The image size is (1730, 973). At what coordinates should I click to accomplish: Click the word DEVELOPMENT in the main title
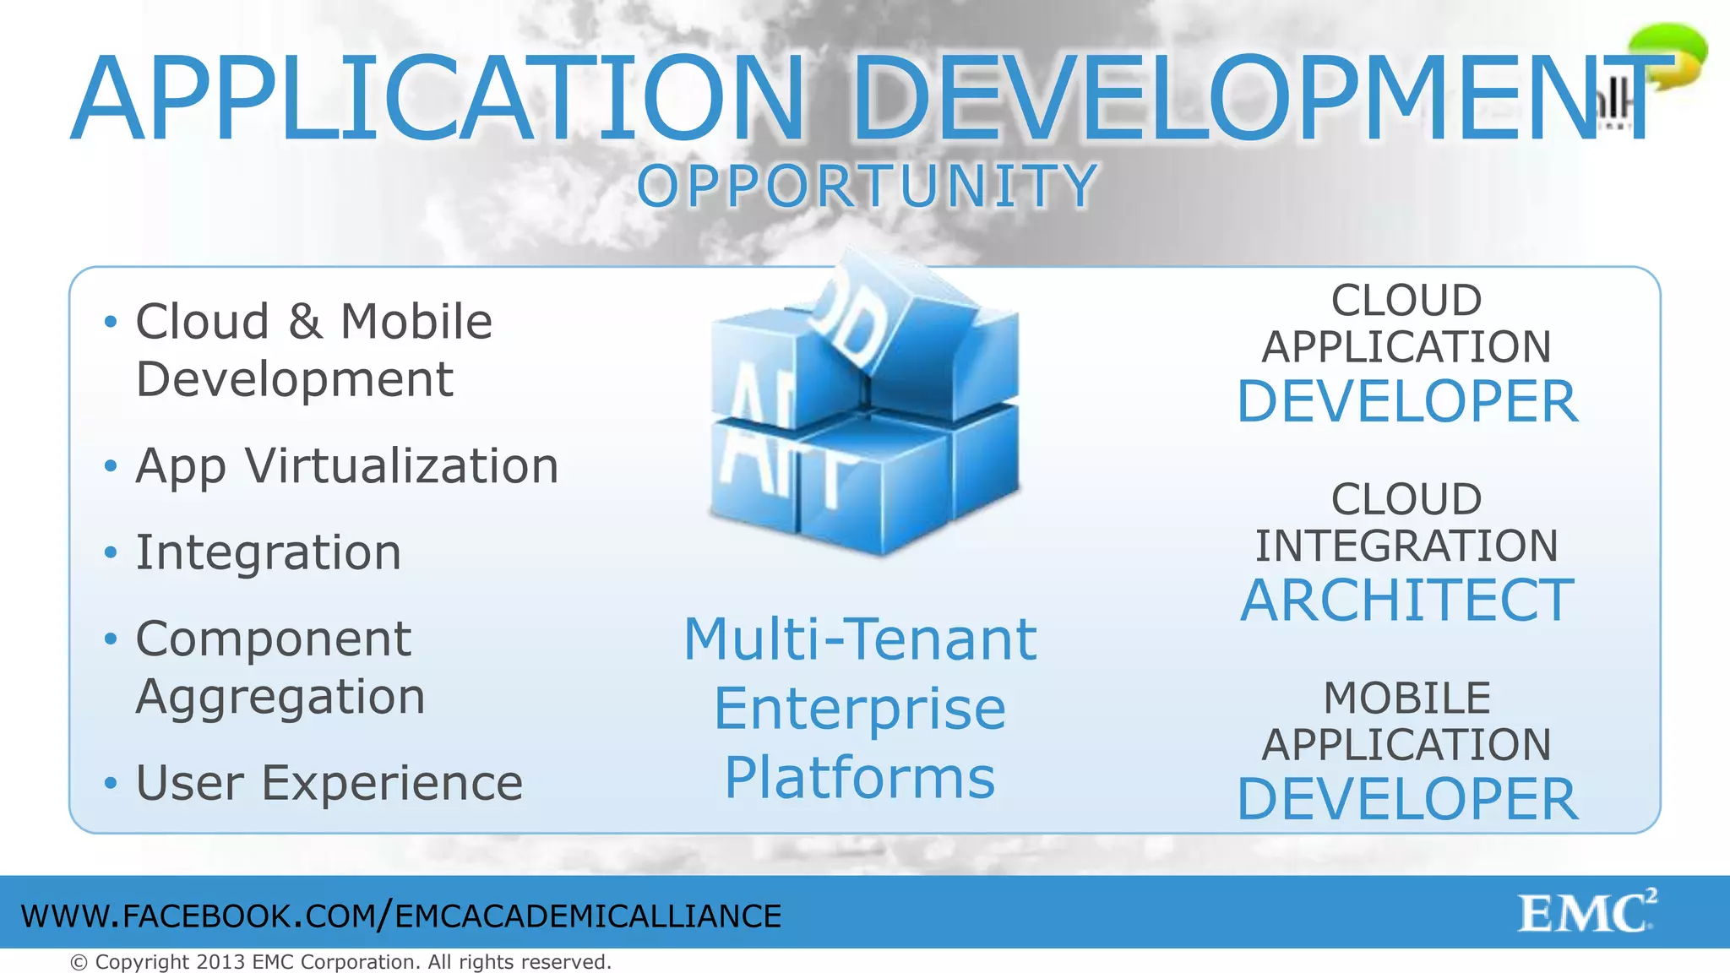click(x=1250, y=99)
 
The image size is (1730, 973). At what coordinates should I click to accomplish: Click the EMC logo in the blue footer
click(x=1586, y=912)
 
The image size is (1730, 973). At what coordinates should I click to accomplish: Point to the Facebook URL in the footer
click(x=401, y=916)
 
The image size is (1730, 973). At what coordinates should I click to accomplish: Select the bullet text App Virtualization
click(x=346, y=466)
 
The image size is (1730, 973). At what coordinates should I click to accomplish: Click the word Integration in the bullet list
click(x=268, y=552)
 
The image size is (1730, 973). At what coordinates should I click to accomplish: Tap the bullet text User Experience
click(x=329, y=783)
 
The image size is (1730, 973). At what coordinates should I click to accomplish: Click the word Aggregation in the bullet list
click(x=280, y=697)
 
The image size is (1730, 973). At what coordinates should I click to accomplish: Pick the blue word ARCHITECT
click(x=1406, y=601)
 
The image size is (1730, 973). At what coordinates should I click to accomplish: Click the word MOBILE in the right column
click(x=1406, y=698)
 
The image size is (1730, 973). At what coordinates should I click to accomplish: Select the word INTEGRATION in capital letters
click(x=1406, y=546)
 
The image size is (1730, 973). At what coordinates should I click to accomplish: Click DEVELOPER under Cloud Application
click(x=1406, y=401)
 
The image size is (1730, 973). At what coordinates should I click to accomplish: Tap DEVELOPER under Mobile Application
click(x=1406, y=799)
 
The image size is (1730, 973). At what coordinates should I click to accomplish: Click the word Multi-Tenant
click(x=860, y=639)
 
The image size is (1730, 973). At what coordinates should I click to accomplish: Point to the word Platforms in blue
click(x=860, y=778)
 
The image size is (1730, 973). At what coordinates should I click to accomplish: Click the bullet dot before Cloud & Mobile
click(x=110, y=322)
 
